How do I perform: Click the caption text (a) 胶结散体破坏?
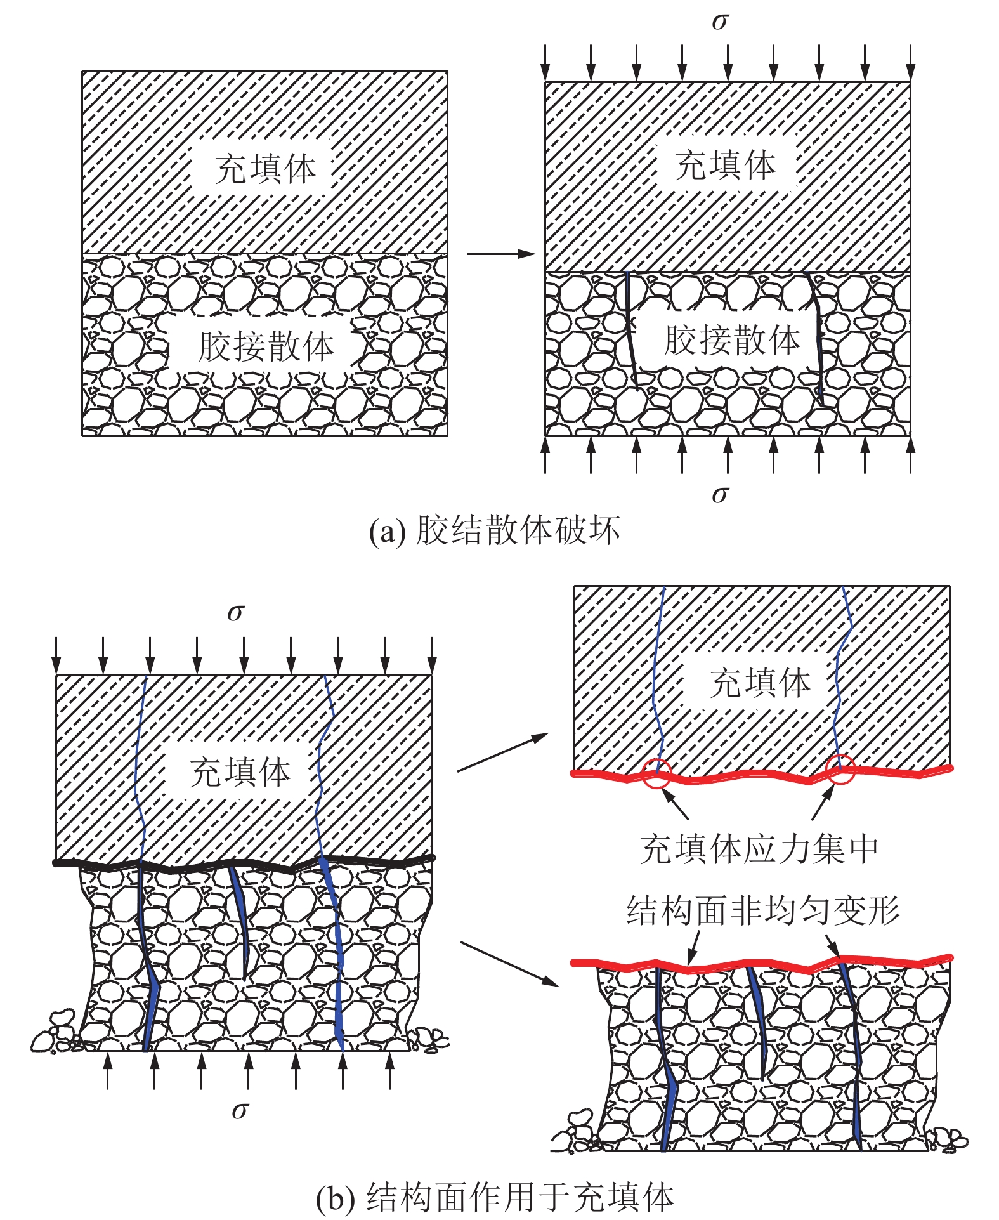pyautogui.click(x=494, y=531)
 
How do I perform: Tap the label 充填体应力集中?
pyautogui.click(x=759, y=849)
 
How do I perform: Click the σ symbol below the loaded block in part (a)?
pyautogui.click(x=720, y=494)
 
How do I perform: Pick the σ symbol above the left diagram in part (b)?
pyautogui.click(x=236, y=613)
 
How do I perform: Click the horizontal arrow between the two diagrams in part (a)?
pyautogui.click(x=501, y=254)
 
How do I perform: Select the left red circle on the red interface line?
pyautogui.click(x=656, y=773)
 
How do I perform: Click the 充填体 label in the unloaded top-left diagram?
pyautogui.click(x=265, y=169)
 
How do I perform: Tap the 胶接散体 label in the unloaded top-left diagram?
pyautogui.click(x=266, y=346)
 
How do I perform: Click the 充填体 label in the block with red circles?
pyautogui.click(x=759, y=683)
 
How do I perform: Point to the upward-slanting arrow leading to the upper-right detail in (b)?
pyautogui.click(x=502, y=752)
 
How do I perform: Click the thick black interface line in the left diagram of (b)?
pyautogui.click(x=244, y=863)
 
